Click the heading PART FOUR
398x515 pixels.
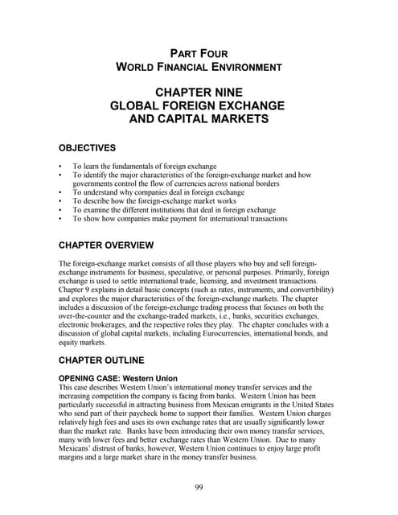[199, 53]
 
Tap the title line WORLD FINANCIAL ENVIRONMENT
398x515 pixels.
[199, 68]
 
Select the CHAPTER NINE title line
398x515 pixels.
[199, 94]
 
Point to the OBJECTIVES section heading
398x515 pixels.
[88, 148]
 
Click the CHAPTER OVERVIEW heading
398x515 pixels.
[113, 245]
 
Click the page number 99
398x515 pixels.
[199, 487]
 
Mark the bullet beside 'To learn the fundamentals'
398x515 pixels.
[62, 165]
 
